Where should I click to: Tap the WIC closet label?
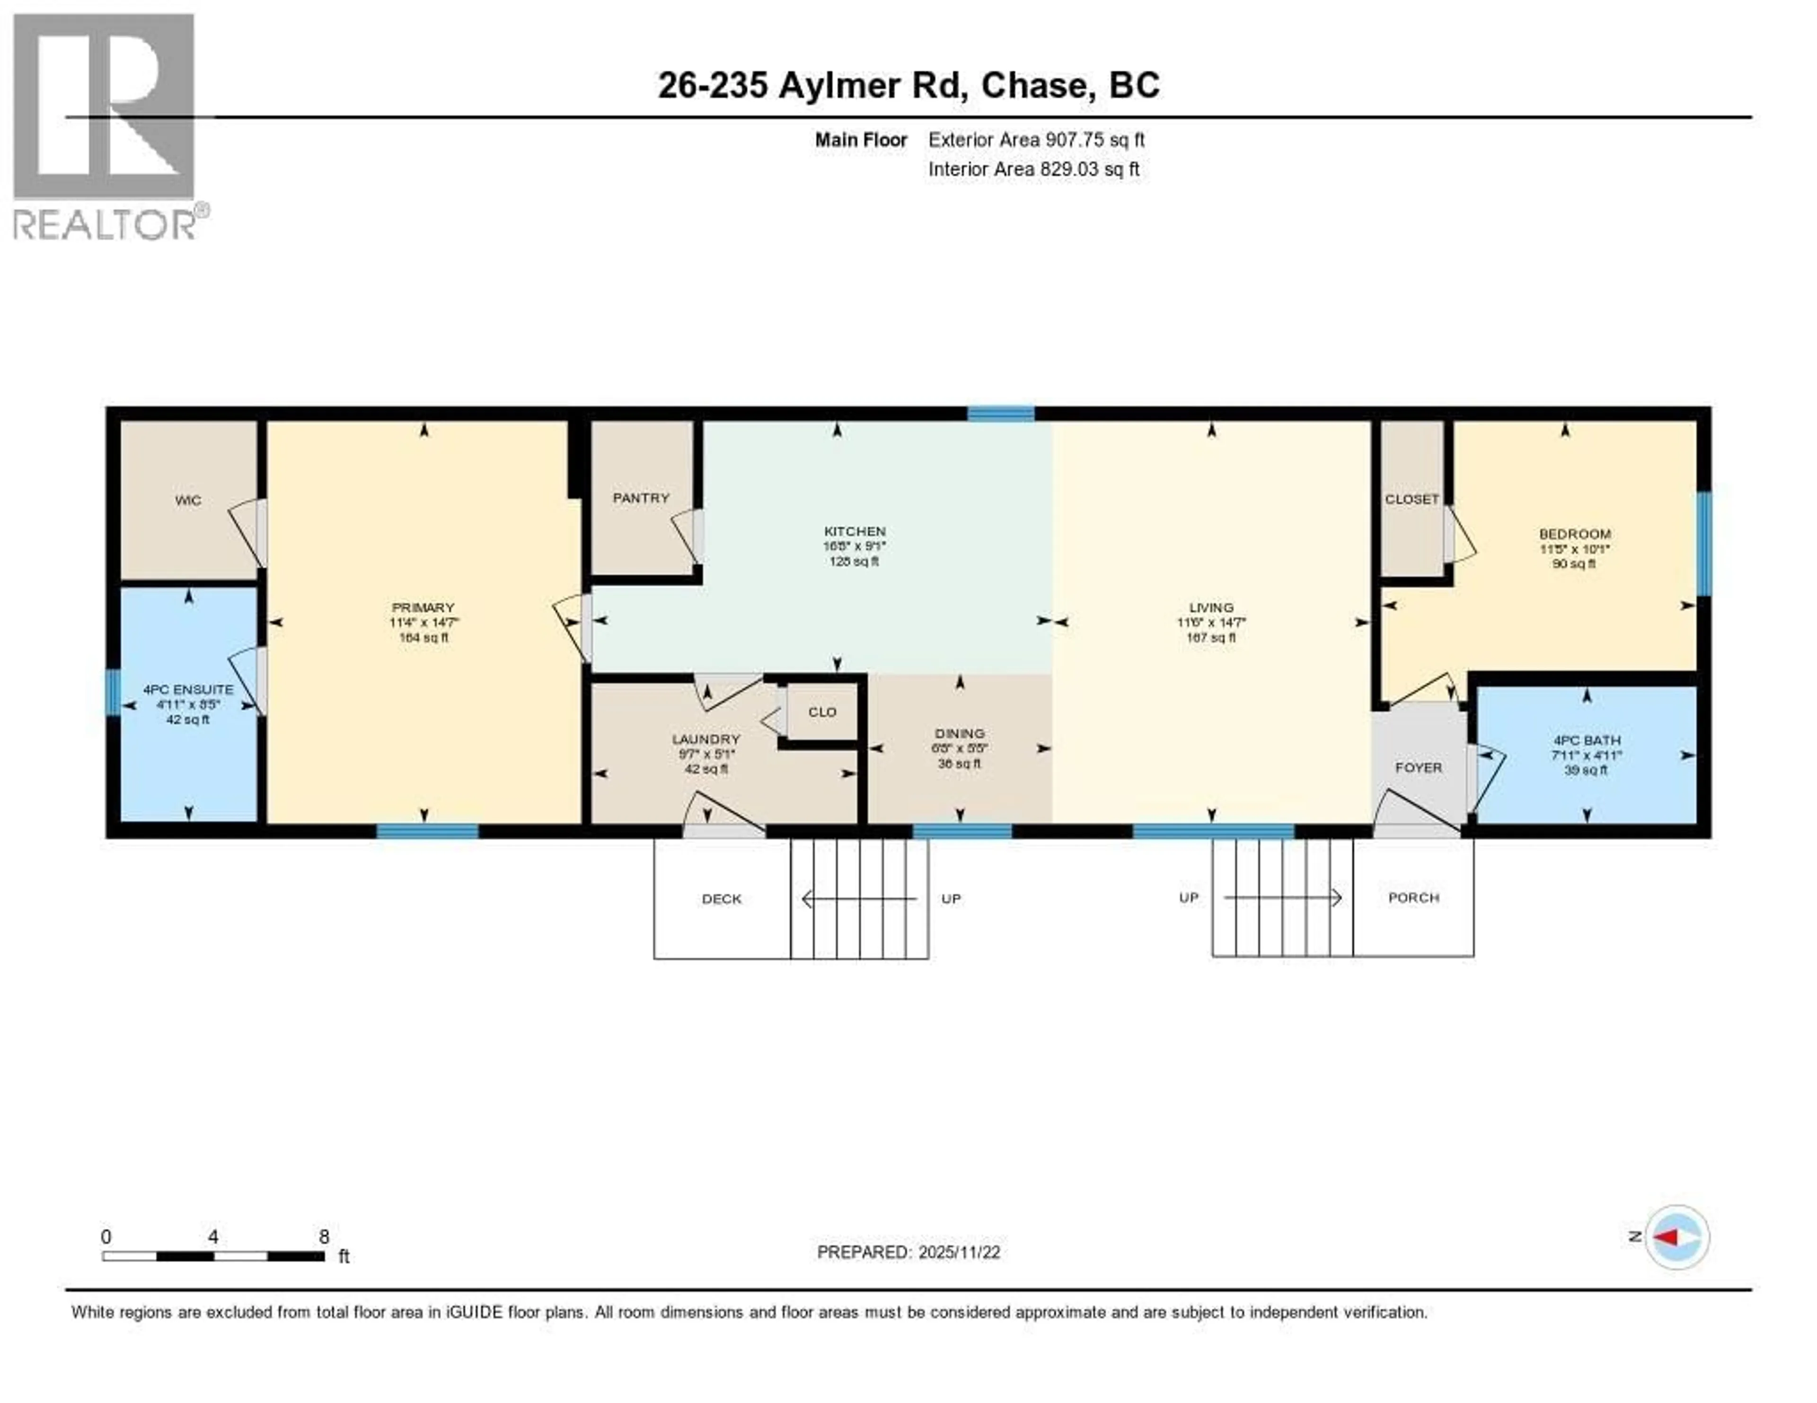pyautogui.click(x=188, y=500)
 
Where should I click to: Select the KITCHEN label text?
pyautogui.click(x=855, y=531)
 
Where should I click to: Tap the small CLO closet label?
pyautogui.click(x=822, y=712)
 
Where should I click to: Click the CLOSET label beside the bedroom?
pyautogui.click(x=1412, y=499)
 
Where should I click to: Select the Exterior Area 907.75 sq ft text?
pyautogui.click(x=1036, y=140)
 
